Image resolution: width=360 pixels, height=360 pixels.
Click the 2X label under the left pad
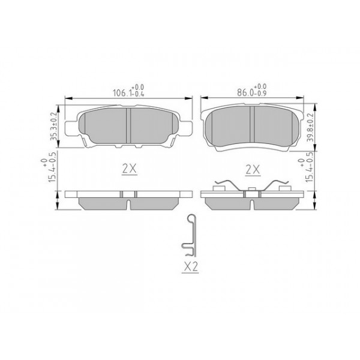[x=129, y=170]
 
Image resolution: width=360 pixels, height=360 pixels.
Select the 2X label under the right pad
[x=253, y=170]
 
